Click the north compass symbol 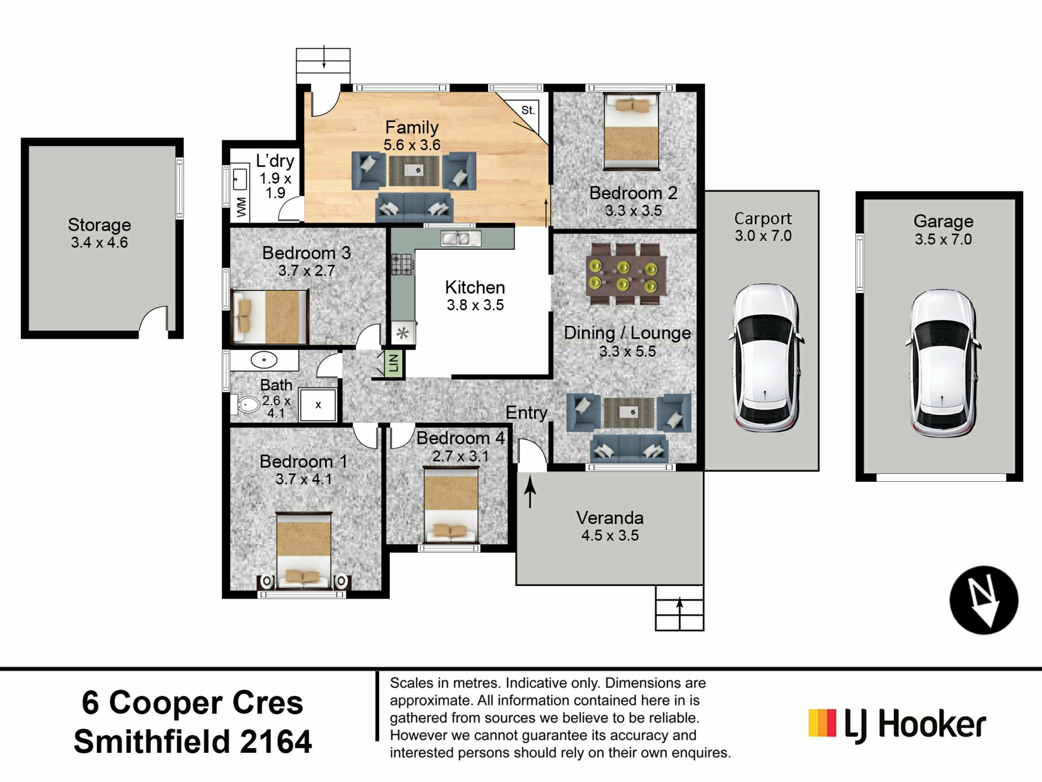[983, 600]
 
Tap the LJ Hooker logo [897, 724]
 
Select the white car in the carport [765, 358]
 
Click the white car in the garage [943, 363]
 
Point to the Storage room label [99, 225]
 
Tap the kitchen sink [461, 238]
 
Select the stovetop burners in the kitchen [403, 264]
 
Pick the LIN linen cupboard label [393, 363]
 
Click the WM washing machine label [242, 207]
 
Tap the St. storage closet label [528, 110]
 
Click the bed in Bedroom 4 [451, 504]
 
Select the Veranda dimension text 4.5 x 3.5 [610, 535]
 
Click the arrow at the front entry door [530, 490]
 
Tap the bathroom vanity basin [264, 360]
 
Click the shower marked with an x [318, 405]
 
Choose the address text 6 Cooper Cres [193, 703]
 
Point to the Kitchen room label [475, 287]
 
